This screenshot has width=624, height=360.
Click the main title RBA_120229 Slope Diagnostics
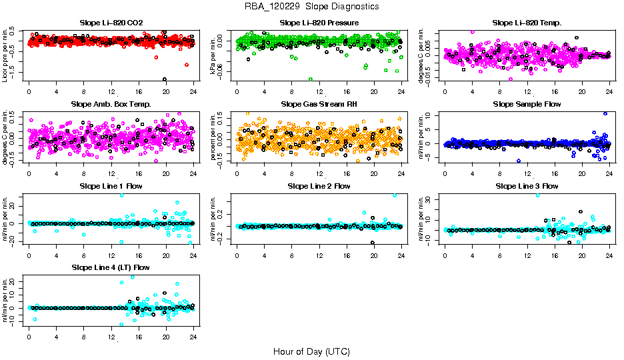[312, 7]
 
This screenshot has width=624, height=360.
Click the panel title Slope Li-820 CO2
[111, 23]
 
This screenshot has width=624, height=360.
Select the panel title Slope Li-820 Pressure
[319, 23]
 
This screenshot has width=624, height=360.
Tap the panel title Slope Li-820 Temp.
[527, 23]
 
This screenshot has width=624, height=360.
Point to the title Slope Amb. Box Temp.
[111, 104]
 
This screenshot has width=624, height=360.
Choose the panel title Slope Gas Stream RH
[319, 104]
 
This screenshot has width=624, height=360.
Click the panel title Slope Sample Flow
[527, 104]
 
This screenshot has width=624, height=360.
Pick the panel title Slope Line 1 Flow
[111, 186]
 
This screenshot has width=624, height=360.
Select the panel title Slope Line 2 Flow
[319, 186]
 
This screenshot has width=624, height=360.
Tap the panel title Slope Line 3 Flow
[527, 186]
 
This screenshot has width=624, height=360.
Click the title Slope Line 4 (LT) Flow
[111, 267]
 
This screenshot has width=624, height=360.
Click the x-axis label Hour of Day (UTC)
[311, 351]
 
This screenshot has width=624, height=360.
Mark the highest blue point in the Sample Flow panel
[605, 113]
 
